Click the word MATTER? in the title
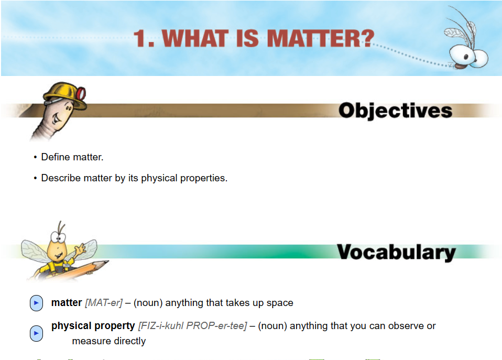click(x=321, y=38)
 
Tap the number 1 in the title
click(x=140, y=38)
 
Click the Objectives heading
click(x=396, y=111)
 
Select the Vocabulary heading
click(x=396, y=252)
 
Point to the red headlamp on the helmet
click(x=81, y=93)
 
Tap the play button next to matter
click(x=36, y=303)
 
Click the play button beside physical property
click(x=36, y=333)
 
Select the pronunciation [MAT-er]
click(x=104, y=303)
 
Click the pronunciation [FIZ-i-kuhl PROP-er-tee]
click(x=192, y=326)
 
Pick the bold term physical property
click(x=93, y=326)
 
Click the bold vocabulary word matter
click(x=67, y=302)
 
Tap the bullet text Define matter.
click(x=72, y=157)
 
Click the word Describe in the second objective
click(x=61, y=178)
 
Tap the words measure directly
click(x=109, y=341)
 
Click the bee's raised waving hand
click(x=80, y=248)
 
